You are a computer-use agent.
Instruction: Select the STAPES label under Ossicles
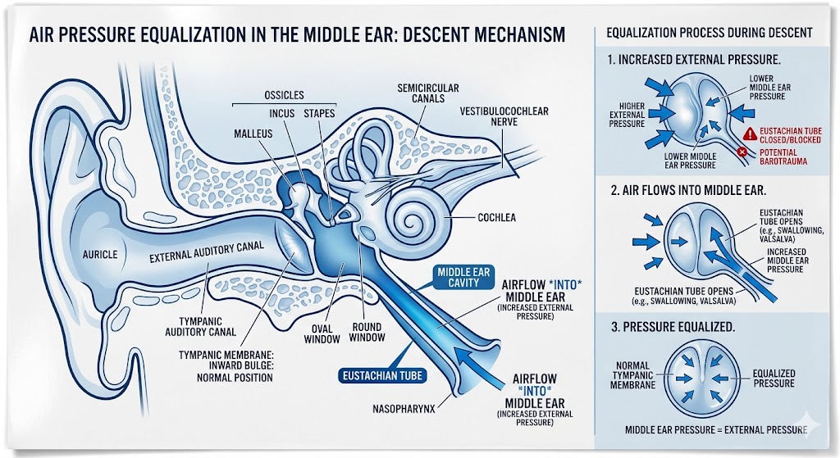tap(320, 114)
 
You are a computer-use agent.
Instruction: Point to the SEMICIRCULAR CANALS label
tap(427, 94)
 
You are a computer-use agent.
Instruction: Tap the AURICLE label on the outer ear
tap(100, 255)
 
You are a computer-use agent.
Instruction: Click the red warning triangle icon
tap(747, 133)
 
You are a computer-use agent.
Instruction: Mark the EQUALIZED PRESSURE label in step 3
tap(774, 378)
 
